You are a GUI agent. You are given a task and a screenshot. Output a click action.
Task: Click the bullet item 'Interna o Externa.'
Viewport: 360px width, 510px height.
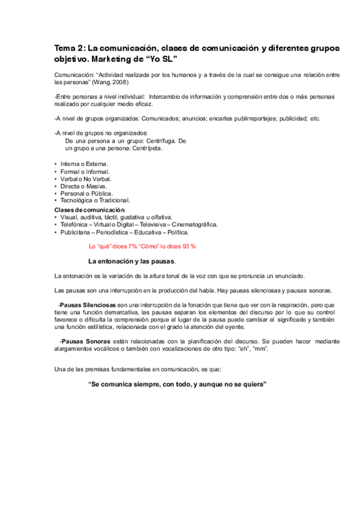point(84,164)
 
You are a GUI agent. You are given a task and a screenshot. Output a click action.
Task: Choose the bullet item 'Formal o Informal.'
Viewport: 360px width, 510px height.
point(85,172)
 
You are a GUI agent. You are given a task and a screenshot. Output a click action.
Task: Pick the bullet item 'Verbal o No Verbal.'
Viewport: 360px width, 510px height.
point(86,179)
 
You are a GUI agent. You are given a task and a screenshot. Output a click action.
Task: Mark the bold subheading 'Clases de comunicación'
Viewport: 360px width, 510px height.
point(89,209)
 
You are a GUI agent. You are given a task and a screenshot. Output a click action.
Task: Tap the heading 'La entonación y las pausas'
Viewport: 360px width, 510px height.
point(132,262)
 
